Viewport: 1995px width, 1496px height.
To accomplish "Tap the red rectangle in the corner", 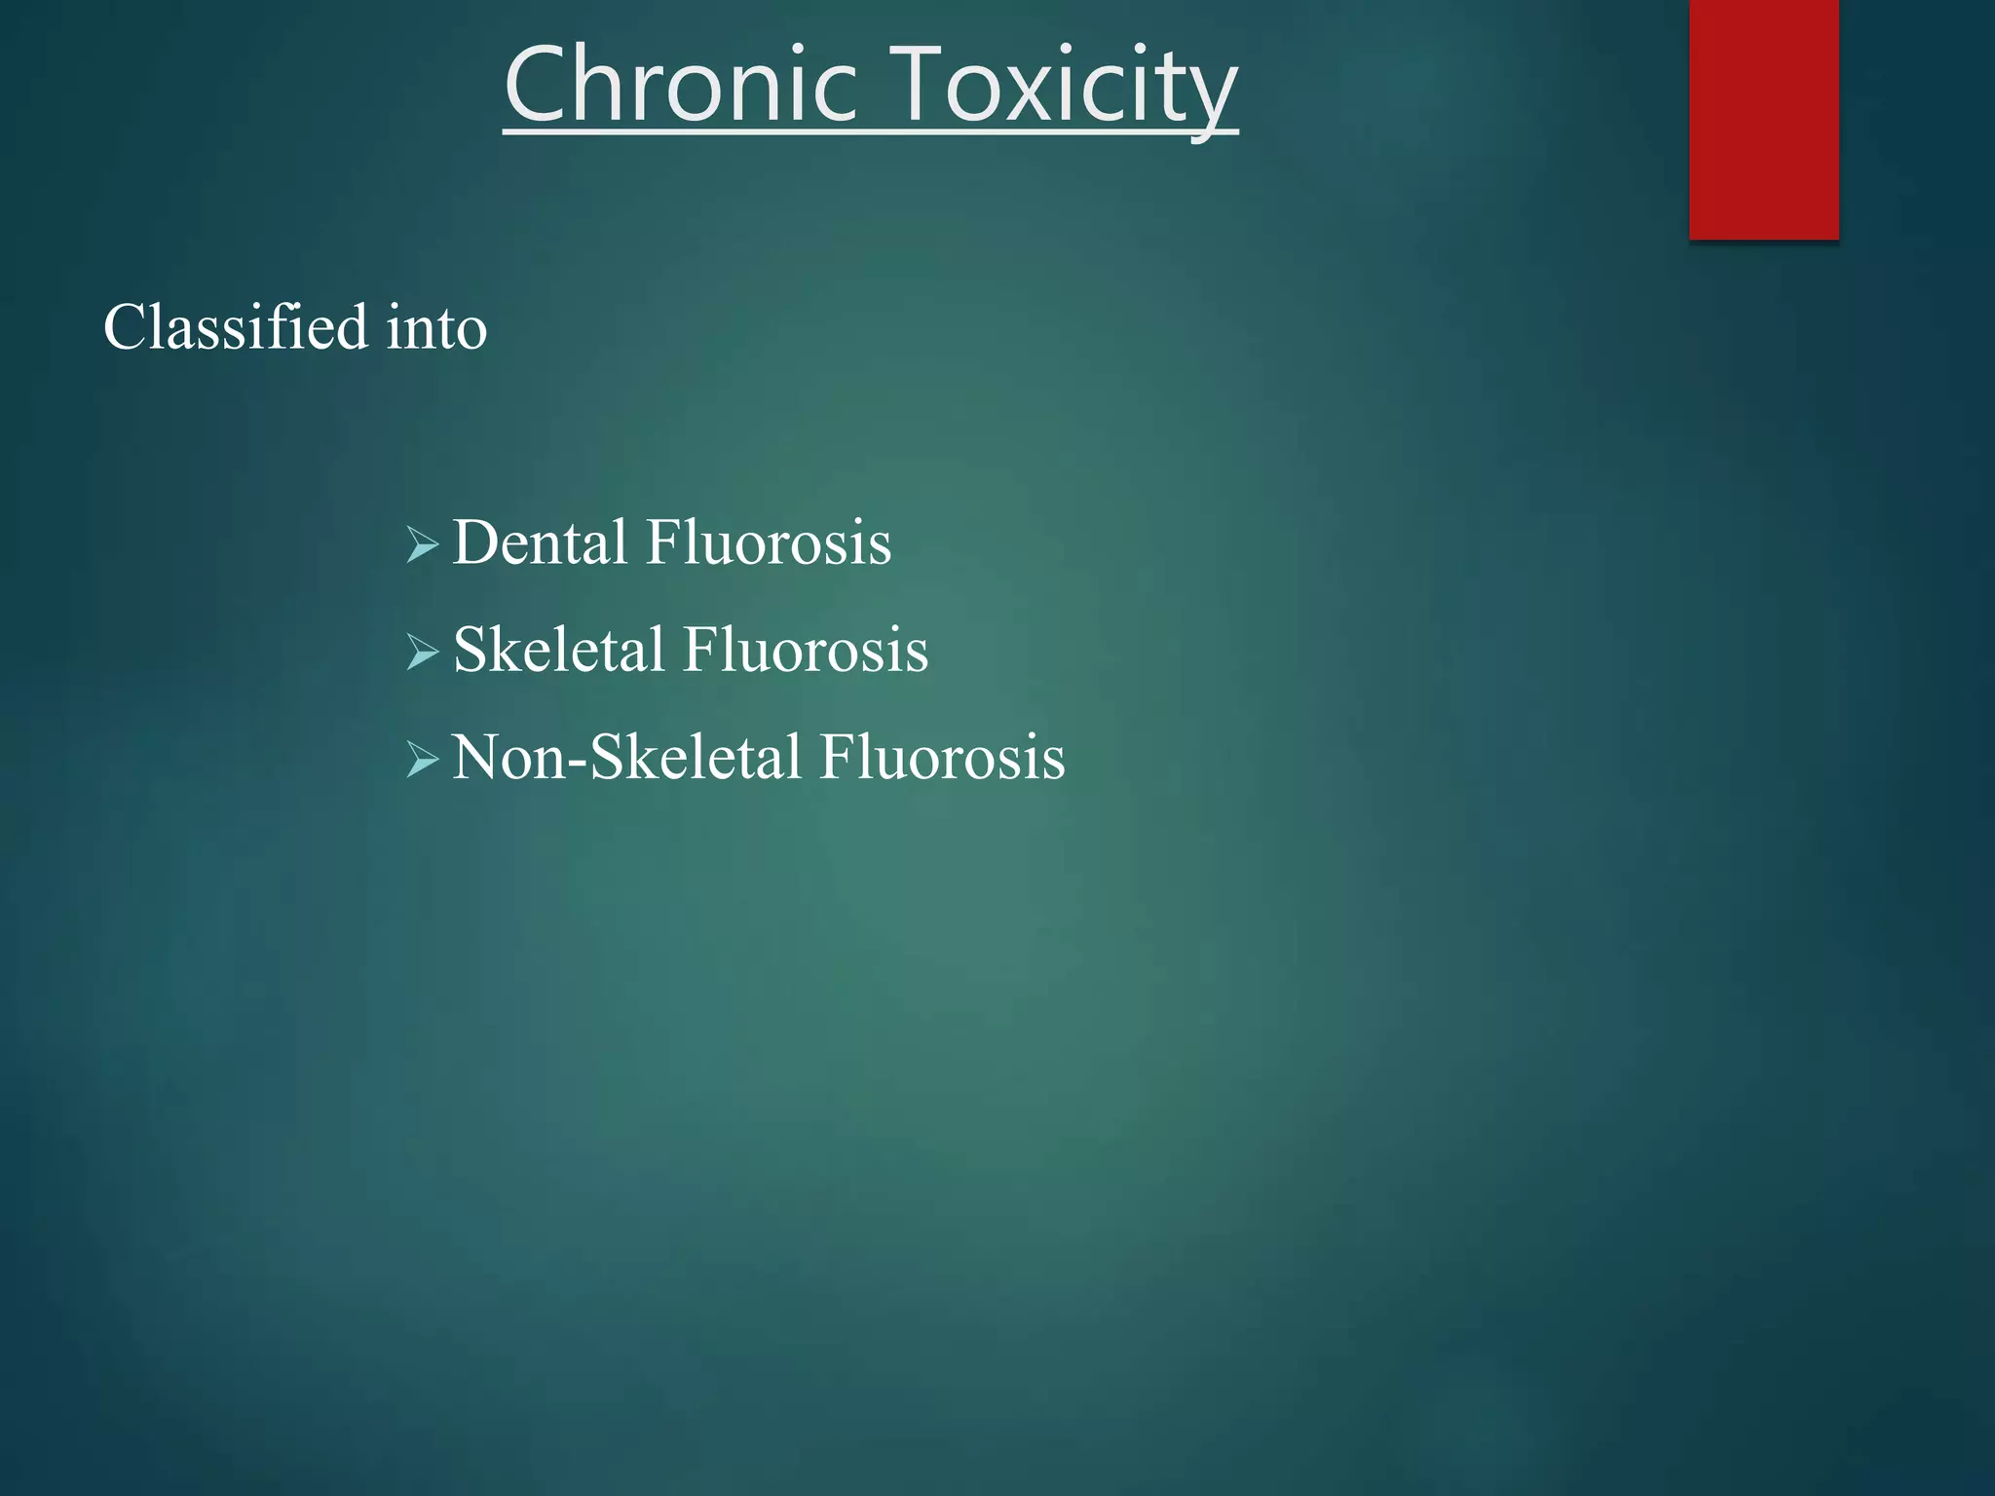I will [1763, 119].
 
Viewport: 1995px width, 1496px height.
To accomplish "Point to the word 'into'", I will [436, 328].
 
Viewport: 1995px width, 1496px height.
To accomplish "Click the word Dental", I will [540, 542].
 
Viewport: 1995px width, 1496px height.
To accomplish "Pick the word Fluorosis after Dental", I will [768, 542].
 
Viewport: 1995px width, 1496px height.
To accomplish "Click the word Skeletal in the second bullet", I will [558, 650].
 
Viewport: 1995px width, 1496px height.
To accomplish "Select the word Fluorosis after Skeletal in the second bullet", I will [805, 650].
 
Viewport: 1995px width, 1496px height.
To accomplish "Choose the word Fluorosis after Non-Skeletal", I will [941, 757].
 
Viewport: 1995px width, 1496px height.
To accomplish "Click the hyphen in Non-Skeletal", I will [577, 763].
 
